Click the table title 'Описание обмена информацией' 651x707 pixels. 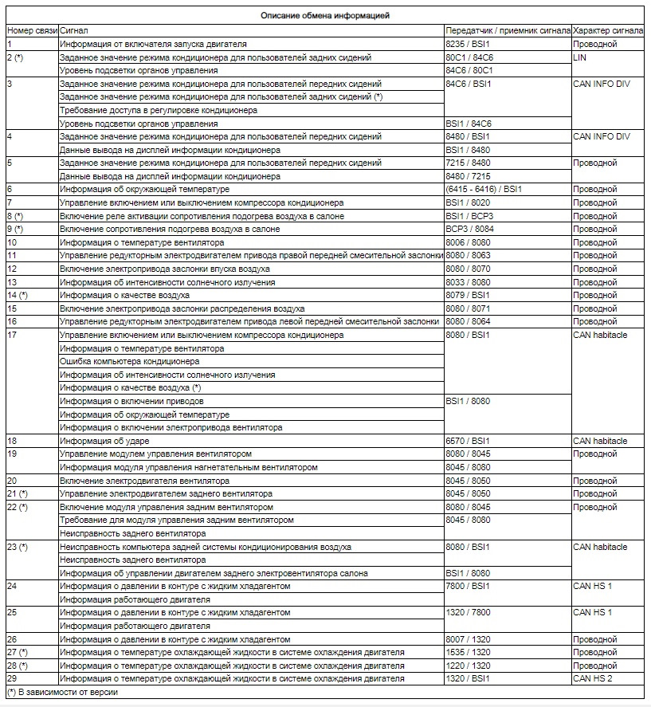point(324,15)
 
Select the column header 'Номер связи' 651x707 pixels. point(32,30)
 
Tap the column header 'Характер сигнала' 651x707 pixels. point(608,30)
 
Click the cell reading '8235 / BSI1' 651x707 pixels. point(469,44)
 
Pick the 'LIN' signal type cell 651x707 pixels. point(581,57)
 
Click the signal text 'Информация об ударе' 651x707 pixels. point(104,441)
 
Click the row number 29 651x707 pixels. point(12,678)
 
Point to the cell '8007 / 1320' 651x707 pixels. point(469,639)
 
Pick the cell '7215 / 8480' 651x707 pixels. point(469,163)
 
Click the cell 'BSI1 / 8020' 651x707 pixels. point(468,203)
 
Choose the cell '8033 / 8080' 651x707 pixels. point(469,282)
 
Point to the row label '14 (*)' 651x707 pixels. point(18,296)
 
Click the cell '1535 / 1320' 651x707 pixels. point(469,652)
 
